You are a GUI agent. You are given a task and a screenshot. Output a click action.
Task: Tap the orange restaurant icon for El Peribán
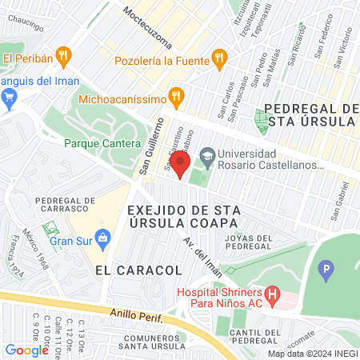pos(66,57)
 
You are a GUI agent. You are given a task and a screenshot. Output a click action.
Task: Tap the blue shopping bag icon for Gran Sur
pos(102,238)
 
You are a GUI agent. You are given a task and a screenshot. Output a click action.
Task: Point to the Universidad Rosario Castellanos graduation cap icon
pos(207,154)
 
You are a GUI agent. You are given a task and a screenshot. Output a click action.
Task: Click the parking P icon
pos(326,270)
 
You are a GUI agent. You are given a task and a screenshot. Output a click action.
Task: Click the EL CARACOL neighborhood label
pos(122,270)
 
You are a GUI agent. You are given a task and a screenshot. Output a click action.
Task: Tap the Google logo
pos(26,350)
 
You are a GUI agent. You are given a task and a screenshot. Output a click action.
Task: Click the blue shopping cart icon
pos(10,99)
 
